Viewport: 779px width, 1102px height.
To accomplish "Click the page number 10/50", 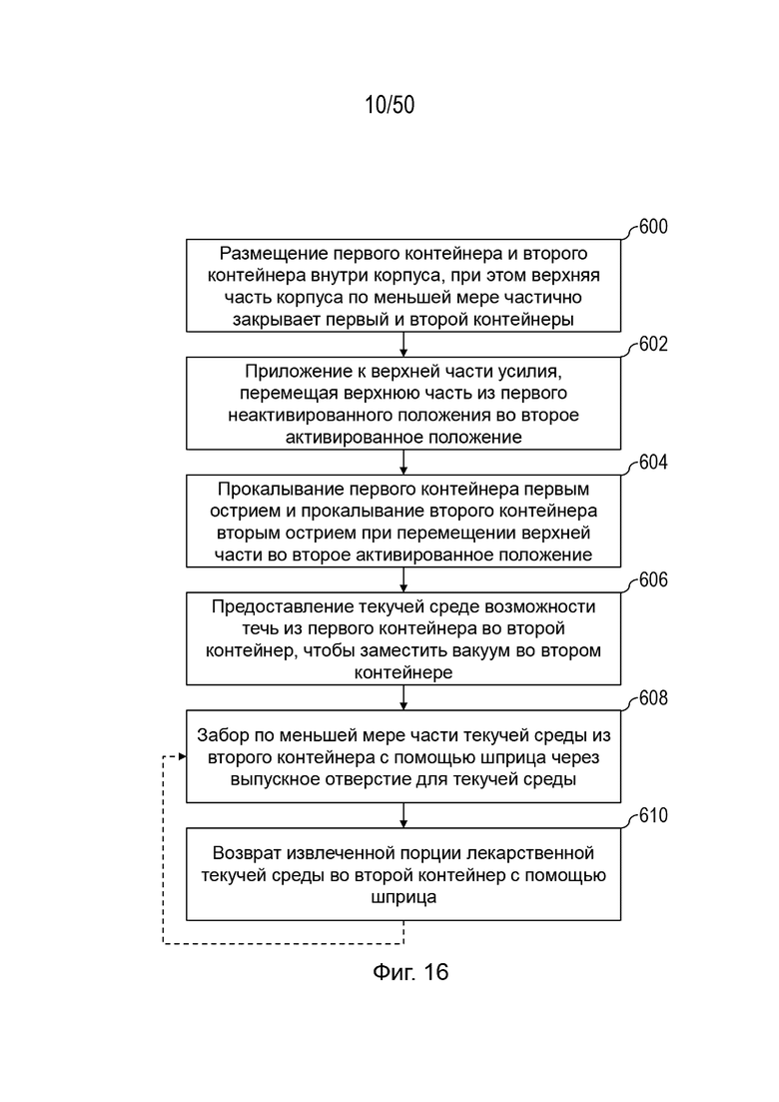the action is click(x=389, y=105).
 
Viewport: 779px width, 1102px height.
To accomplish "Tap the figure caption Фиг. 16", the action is click(x=410, y=972).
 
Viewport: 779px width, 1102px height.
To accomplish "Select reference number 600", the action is click(x=653, y=227).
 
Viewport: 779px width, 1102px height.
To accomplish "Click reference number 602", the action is click(x=653, y=344).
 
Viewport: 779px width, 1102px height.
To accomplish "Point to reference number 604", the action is click(x=653, y=462).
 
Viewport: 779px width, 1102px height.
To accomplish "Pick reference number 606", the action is click(x=653, y=579).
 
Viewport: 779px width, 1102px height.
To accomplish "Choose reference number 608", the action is click(x=653, y=698).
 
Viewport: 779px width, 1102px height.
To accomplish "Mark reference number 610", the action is click(x=653, y=815).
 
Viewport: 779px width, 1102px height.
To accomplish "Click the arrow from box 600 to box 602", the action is click(x=403, y=345).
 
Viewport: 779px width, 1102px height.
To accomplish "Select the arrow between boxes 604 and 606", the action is click(x=403, y=579).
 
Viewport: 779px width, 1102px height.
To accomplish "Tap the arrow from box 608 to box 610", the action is click(x=403, y=815).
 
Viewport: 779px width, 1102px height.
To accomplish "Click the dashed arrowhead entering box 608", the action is click(x=183, y=756).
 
